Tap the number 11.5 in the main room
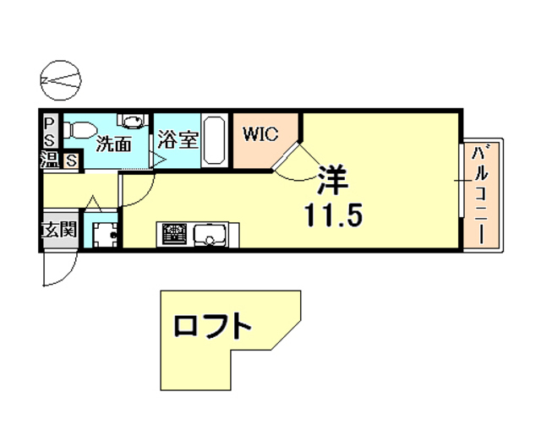pyautogui.click(x=334, y=214)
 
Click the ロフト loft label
pyautogui.click(x=213, y=326)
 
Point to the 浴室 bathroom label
pyautogui.click(x=178, y=139)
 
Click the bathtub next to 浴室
pyautogui.click(x=214, y=139)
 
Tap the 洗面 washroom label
pyautogui.click(x=114, y=143)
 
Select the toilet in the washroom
pyautogui.click(x=78, y=132)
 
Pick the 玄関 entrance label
pyautogui.click(x=59, y=230)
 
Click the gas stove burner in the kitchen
pyautogui.click(x=174, y=234)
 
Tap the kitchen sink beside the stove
pyautogui.click(x=207, y=234)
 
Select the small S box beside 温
pyautogui.click(x=71, y=159)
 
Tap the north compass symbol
pyautogui.click(x=63, y=79)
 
